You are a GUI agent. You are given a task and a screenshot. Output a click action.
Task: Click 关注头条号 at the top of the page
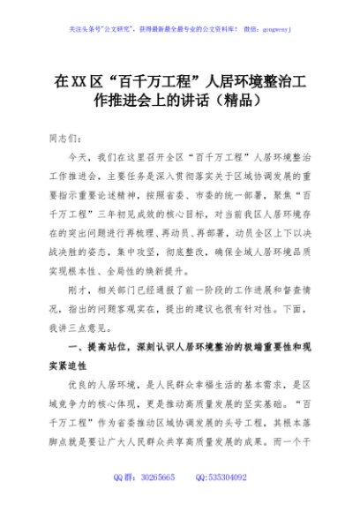click(88, 29)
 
